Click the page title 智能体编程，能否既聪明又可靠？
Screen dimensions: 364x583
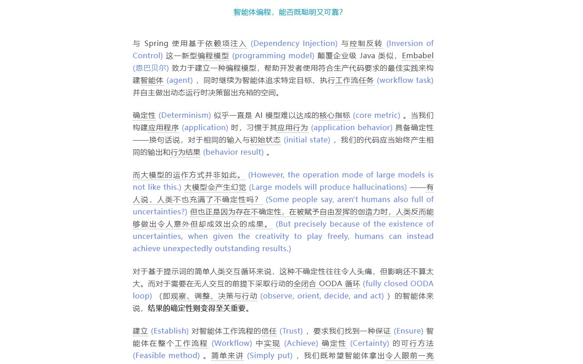[x=288, y=12]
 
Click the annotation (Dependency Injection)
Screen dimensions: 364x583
[x=294, y=43]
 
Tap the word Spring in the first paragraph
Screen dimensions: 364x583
[x=156, y=43]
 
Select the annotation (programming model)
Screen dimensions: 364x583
[x=273, y=56]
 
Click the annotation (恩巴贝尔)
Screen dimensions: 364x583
[x=151, y=68]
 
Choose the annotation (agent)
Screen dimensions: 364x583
[x=179, y=80]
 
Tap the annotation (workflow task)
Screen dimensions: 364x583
[x=405, y=80]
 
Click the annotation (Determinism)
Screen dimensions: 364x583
[x=184, y=115]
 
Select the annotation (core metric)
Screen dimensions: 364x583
[x=376, y=115]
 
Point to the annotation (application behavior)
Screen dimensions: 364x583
[x=351, y=127]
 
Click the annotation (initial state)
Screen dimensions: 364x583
[x=307, y=140]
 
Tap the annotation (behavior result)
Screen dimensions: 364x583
[x=233, y=152]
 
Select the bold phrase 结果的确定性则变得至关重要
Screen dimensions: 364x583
[x=198, y=308]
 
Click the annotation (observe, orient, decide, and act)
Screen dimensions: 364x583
[x=322, y=296]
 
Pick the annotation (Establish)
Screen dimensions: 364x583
[x=169, y=331]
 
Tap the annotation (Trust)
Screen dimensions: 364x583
[x=291, y=331]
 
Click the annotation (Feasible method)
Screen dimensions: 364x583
[x=166, y=355]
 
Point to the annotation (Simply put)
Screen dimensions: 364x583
[x=270, y=355]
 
